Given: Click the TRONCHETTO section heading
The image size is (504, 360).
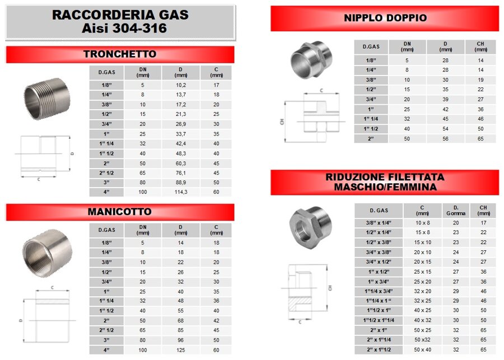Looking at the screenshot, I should (119, 54).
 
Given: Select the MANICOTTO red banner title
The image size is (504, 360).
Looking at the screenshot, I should (119, 212).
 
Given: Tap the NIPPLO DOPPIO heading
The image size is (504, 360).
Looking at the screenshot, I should (385, 18).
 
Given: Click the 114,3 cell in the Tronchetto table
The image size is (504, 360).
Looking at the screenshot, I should (180, 192).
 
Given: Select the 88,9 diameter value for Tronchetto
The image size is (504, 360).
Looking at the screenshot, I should (180, 183).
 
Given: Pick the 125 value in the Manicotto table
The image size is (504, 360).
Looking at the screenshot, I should (180, 350).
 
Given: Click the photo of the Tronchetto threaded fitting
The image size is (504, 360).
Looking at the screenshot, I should (46, 99).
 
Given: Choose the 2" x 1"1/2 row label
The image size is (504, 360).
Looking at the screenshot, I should (379, 349).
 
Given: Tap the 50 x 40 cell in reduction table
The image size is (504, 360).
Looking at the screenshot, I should (423, 349).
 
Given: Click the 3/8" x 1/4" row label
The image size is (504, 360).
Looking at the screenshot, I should (379, 223).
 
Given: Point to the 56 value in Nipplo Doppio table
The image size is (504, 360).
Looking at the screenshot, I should (446, 138).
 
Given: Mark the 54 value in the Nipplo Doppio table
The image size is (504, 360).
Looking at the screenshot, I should (446, 128).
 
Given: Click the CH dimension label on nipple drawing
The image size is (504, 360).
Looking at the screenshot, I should (282, 121).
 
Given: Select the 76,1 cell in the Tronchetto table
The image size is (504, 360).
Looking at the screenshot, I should (180, 173).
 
